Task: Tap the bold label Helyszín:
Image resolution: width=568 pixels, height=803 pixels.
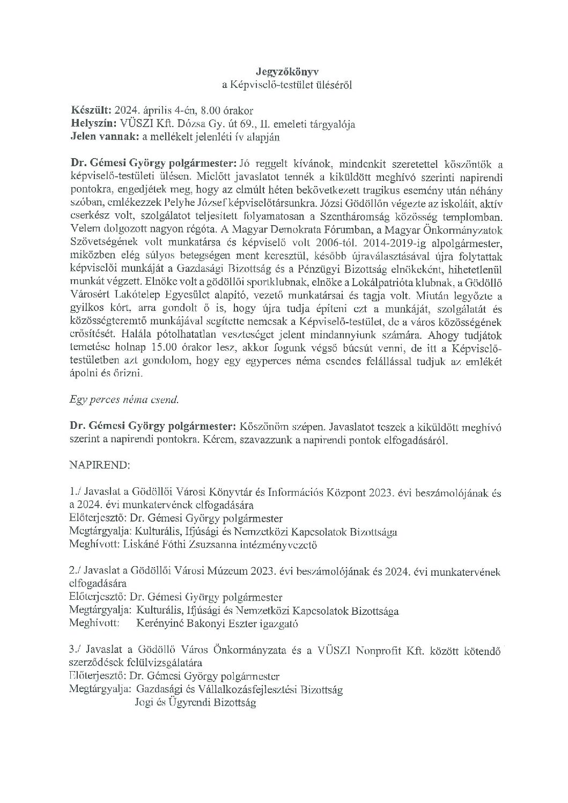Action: [93, 124]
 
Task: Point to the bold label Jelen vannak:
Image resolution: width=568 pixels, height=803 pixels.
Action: [104, 137]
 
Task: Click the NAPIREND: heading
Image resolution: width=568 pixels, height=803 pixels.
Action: [100, 465]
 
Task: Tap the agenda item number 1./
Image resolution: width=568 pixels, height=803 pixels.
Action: [76, 491]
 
